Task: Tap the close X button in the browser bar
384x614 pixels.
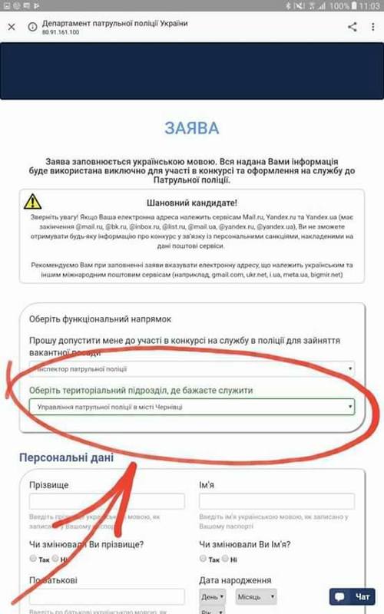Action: [12, 28]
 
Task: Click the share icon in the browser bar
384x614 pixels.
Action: [353, 28]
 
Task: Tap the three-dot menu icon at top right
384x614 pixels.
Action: [374, 28]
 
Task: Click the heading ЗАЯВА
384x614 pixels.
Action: [191, 128]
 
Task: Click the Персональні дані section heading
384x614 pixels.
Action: [66, 458]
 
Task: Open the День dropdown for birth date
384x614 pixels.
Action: [212, 596]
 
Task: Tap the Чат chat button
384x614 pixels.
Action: [354, 596]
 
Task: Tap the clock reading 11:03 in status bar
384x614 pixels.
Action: [369, 6]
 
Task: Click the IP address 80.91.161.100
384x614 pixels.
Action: [61, 34]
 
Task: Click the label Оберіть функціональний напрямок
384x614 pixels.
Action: [100, 319]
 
